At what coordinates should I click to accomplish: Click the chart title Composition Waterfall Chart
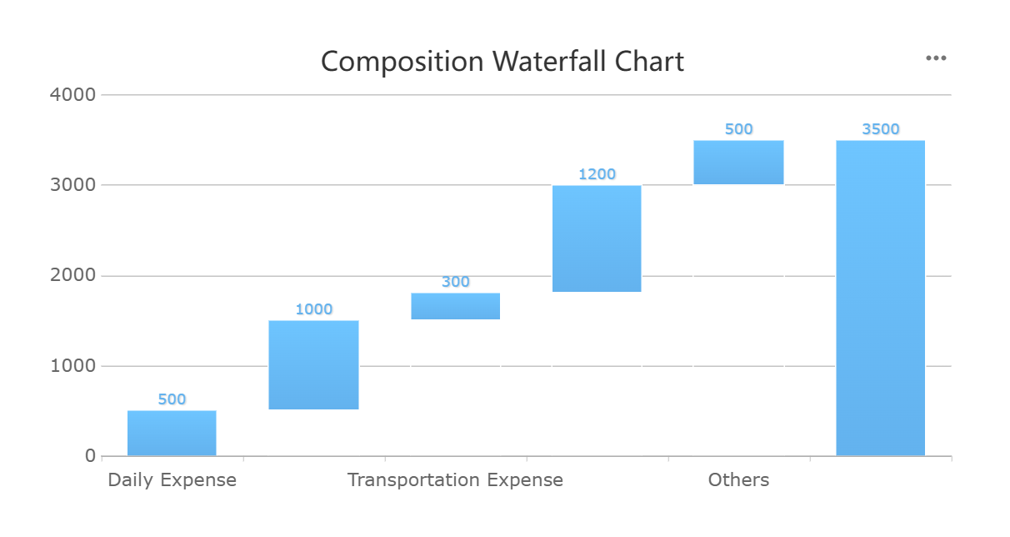tap(502, 62)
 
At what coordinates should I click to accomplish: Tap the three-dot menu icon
tap(936, 58)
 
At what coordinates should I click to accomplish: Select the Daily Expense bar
tap(172, 433)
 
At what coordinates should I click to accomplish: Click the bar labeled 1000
tap(313, 364)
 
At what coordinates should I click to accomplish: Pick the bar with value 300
tap(455, 306)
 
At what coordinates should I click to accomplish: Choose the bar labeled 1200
tap(597, 238)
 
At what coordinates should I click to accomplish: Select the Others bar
tap(738, 162)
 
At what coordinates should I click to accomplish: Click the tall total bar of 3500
tap(880, 298)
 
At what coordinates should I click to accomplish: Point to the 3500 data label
tap(880, 129)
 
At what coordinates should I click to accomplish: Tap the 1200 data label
tap(597, 174)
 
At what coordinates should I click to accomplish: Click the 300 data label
tap(455, 282)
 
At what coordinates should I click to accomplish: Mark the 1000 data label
tap(313, 309)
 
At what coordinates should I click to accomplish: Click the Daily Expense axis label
tap(172, 480)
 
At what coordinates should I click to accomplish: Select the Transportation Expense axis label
tap(455, 480)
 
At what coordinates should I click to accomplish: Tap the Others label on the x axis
tap(738, 480)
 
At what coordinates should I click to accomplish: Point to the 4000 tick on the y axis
tap(73, 94)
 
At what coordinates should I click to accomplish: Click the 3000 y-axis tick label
tap(73, 185)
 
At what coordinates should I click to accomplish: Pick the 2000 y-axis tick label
tap(73, 275)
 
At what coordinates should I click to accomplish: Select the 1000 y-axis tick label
tap(73, 366)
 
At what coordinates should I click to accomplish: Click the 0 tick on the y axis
tap(90, 456)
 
